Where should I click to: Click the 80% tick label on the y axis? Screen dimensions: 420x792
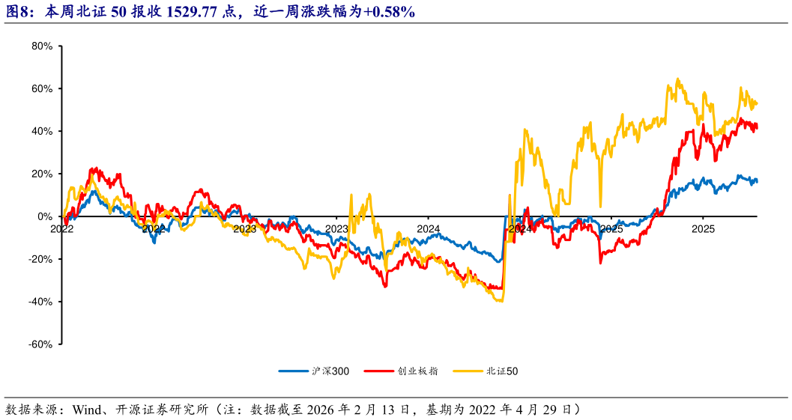pyautogui.click(x=42, y=46)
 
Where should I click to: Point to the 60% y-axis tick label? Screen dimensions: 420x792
pyautogui.click(x=42, y=89)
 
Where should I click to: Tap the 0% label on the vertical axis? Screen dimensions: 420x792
pyautogui.click(x=45, y=216)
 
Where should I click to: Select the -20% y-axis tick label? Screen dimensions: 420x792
pyautogui.click(x=40, y=259)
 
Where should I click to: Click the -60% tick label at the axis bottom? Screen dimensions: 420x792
pyautogui.click(x=40, y=344)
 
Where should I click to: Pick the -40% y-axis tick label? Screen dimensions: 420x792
pyautogui.click(x=40, y=302)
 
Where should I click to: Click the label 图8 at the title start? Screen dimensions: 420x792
pyautogui.click(x=17, y=11)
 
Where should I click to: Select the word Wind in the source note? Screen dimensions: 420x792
pyautogui.click(x=85, y=410)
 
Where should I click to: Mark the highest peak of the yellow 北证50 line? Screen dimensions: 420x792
pyautogui.click(x=677, y=79)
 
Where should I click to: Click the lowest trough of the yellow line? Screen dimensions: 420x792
pyautogui.click(x=499, y=301)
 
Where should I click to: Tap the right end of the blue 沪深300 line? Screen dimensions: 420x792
pyautogui.click(x=757, y=180)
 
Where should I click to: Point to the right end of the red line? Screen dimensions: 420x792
pyautogui.click(x=757, y=127)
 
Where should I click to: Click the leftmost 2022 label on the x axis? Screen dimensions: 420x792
pyautogui.click(x=61, y=228)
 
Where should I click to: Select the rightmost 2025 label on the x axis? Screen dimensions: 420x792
pyautogui.click(x=702, y=228)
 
